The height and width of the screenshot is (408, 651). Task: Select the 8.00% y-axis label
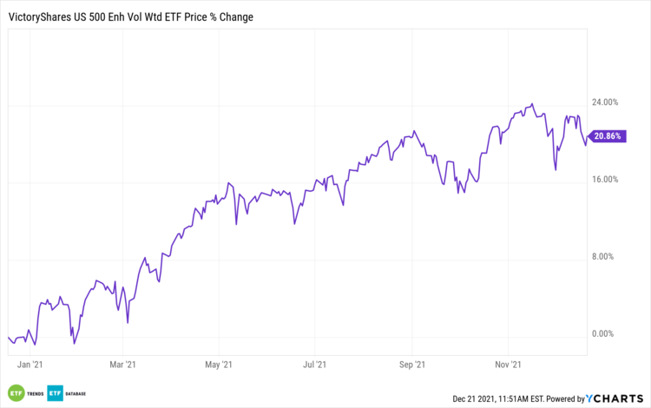click(605, 257)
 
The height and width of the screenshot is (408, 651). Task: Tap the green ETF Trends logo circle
click(15, 393)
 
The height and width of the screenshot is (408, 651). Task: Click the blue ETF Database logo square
click(54, 393)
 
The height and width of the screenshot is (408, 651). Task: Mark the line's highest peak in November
click(532, 103)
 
